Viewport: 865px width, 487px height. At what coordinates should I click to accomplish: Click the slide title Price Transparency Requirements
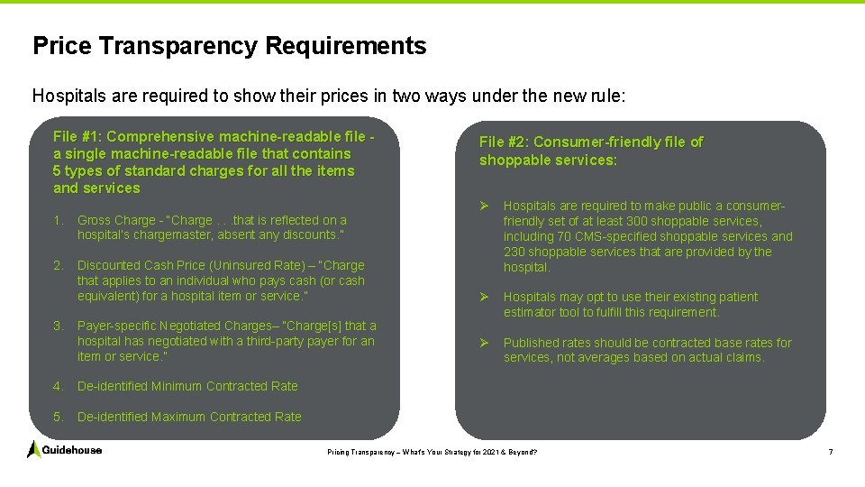(229, 46)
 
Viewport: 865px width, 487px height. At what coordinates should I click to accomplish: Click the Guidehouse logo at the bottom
(65, 449)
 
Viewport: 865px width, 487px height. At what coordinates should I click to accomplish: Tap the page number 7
(831, 451)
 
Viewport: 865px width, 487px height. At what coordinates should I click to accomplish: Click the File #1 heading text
(214, 162)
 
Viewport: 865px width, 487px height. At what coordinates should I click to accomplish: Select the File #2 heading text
(590, 151)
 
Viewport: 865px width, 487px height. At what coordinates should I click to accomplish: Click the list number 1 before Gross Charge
(57, 220)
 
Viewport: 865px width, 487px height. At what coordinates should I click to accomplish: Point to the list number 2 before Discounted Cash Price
(57, 265)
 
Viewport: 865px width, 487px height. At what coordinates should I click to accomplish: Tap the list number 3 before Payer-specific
(57, 326)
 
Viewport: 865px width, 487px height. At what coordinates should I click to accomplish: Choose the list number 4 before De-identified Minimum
(57, 386)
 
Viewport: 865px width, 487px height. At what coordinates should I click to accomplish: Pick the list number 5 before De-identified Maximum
(57, 417)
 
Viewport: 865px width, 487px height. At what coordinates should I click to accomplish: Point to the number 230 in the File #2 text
(514, 252)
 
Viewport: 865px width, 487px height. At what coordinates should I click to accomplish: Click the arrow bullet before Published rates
(485, 343)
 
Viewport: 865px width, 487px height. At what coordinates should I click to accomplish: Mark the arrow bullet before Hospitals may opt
(485, 297)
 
